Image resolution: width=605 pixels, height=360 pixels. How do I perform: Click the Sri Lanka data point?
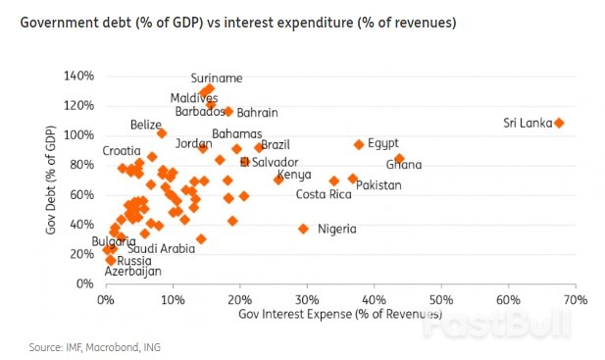(x=559, y=123)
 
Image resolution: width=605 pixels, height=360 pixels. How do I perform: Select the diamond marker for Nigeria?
(x=303, y=229)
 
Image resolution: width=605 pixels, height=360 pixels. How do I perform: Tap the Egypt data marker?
(x=359, y=144)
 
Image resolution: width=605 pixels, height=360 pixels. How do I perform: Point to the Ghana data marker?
(x=399, y=159)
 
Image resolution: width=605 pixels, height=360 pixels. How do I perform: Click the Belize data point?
(x=162, y=132)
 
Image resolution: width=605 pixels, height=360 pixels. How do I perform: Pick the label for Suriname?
(x=217, y=77)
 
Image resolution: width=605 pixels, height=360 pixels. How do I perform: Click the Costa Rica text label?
(x=324, y=194)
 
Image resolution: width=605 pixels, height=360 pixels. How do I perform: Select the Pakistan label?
(x=379, y=184)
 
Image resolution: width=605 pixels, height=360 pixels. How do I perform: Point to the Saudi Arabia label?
(x=162, y=248)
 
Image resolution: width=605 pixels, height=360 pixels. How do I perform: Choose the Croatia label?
(x=122, y=151)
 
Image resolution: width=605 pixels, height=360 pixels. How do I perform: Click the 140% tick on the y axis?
(x=78, y=76)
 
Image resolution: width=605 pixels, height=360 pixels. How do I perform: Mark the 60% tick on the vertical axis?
(x=81, y=195)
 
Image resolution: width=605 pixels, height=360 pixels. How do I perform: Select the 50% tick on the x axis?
(x=440, y=299)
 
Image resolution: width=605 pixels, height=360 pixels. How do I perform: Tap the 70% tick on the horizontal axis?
(x=575, y=299)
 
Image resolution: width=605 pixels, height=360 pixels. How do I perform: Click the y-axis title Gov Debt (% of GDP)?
(x=51, y=180)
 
